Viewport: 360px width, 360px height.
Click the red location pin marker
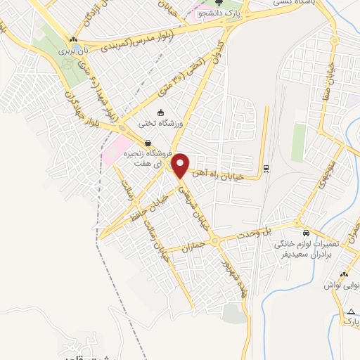(181, 165)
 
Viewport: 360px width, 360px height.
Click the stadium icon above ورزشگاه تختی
(160, 112)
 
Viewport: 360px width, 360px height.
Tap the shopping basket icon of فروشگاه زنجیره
(147, 143)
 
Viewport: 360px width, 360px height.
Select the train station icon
(266, 169)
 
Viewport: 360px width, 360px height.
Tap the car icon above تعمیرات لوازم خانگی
(305, 233)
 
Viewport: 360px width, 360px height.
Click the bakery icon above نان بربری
(72, 39)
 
